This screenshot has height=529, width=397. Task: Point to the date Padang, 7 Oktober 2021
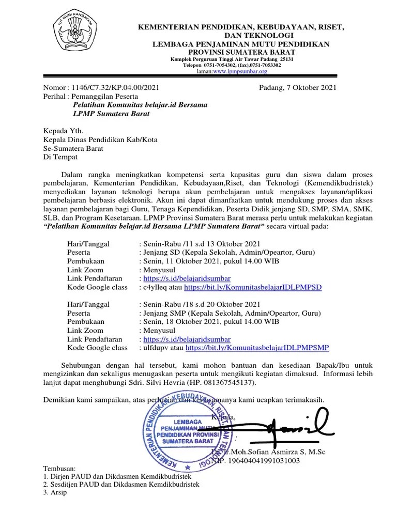(297, 87)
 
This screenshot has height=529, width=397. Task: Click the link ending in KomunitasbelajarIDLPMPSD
(253, 287)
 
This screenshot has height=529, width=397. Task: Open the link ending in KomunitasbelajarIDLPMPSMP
(257, 348)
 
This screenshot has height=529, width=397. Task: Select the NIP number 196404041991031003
(263, 461)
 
